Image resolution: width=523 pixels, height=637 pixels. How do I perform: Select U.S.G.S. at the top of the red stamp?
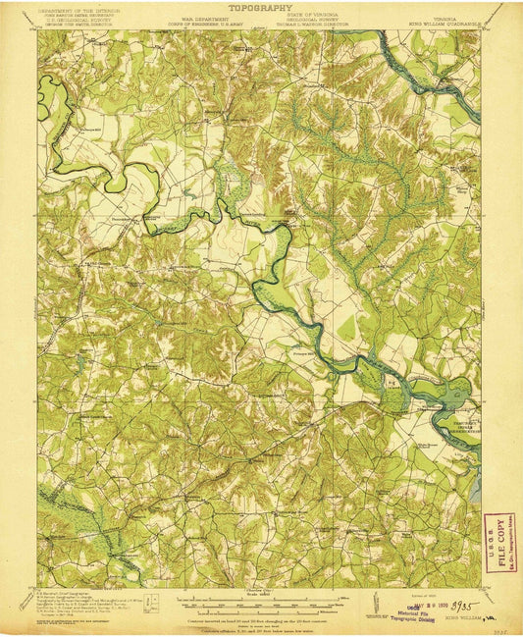click(500, 521)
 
